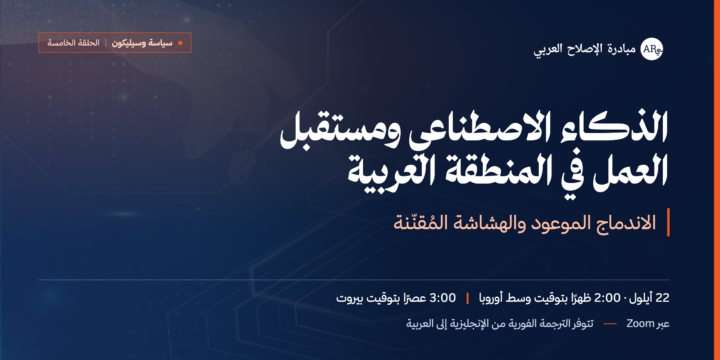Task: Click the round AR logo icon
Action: [x=652, y=49]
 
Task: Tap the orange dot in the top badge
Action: [x=180, y=43]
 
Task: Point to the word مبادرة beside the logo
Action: [x=622, y=49]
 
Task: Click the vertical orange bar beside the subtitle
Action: [x=668, y=222]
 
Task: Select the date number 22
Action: [x=663, y=298]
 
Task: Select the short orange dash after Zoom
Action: [x=610, y=324]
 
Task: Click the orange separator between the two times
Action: [x=467, y=298]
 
